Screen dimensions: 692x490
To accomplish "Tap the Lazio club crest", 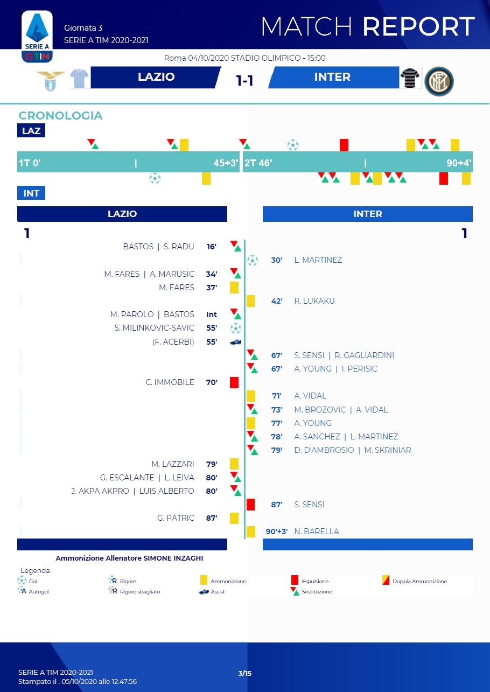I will tap(50, 80).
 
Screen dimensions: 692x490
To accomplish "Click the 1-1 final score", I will tap(244, 80).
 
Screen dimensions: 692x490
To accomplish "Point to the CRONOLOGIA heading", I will tap(60, 115).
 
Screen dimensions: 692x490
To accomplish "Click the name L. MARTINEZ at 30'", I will tap(318, 260).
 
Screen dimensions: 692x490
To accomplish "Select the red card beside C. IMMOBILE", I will tap(234, 382).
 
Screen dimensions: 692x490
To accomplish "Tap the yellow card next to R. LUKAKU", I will tap(250, 301).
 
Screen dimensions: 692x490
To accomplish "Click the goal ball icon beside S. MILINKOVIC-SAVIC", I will tap(235, 328).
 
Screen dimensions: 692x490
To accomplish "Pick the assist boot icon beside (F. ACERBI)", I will tap(235, 342).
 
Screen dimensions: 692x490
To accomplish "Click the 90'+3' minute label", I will tap(277, 532).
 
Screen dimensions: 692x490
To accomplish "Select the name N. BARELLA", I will tap(317, 532).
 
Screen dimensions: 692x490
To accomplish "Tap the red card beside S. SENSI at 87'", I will tap(250, 505).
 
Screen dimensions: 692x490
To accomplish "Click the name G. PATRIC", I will tap(176, 518).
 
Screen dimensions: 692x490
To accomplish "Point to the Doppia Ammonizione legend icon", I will tap(386, 581).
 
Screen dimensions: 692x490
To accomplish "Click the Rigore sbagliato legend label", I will tap(141, 591).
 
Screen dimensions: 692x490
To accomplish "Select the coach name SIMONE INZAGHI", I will tap(173, 558).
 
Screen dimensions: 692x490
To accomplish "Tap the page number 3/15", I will tap(245, 673).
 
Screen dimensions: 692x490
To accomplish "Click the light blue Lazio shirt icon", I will tap(79, 79).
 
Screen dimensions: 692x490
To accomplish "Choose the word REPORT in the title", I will tap(418, 26).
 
